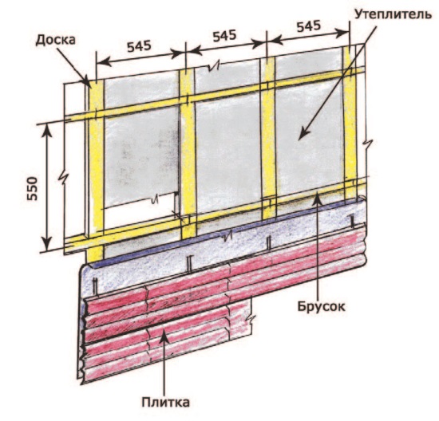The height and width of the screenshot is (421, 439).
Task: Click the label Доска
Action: (55, 41)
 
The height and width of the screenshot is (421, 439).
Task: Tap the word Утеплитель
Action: (393, 14)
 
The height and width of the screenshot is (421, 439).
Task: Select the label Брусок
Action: (321, 307)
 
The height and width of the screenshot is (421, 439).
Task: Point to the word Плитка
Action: (165, 403)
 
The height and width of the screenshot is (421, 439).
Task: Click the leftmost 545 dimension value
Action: (139, 46)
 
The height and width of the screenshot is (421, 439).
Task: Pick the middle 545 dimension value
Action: (224, 37)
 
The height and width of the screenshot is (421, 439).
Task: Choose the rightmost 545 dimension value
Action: (309, 26)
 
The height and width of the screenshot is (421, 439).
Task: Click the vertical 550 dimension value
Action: (32, 188)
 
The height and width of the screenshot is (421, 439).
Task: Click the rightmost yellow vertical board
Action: (350, 123)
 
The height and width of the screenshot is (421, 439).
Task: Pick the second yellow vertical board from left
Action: (188, 154)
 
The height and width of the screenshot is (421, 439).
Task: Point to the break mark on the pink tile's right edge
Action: (250, 319)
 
